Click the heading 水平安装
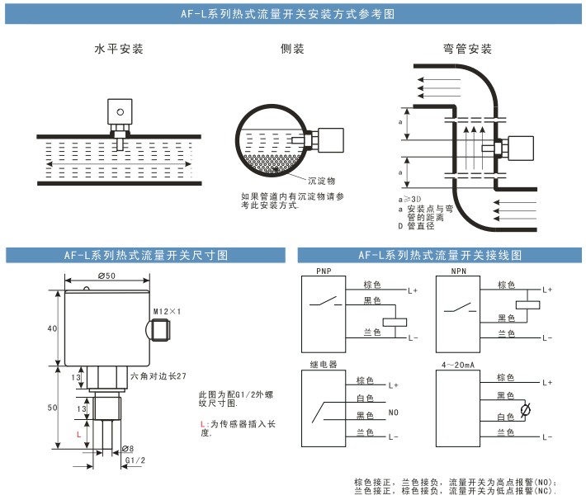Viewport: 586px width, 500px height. [119, 50]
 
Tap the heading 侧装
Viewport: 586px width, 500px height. [292, 50]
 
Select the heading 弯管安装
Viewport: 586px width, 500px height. [466, 50]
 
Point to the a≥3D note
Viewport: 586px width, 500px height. [410, 200]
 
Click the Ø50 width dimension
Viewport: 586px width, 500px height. [106, 276]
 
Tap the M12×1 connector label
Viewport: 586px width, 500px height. [166, 311]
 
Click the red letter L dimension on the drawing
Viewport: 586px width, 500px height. [78, 433]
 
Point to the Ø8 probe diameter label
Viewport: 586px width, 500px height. [128, 449]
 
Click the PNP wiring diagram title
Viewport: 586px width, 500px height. [324, 270]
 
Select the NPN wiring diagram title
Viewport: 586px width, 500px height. [458, 270]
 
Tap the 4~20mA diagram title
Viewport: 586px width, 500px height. [457, 364]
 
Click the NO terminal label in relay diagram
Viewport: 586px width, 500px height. [393, 413]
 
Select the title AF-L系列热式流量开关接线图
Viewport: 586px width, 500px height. [440, 255]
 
